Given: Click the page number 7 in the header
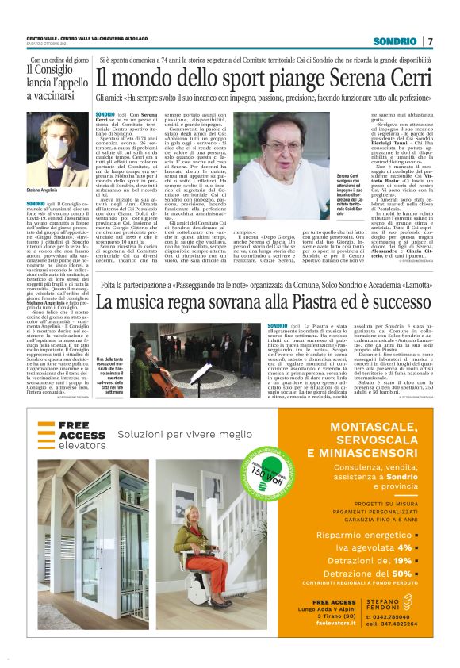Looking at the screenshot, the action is click(430, 40).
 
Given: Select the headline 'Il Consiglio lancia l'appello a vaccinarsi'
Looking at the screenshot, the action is click(56, 82).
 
